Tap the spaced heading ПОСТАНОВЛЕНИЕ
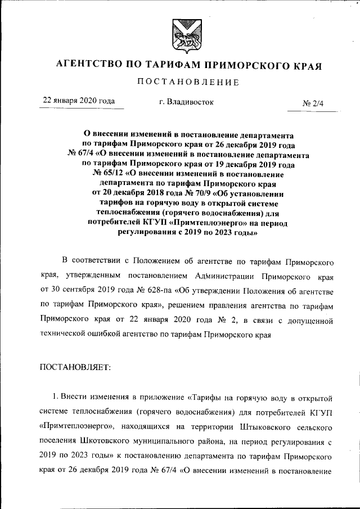click(180, 82)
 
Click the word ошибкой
click(128, 334)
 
